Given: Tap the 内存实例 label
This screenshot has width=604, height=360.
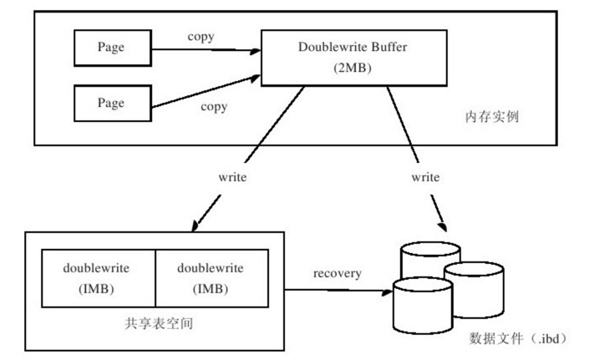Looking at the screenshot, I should [x=494, y=116].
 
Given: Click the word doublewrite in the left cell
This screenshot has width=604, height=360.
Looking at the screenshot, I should [x=99, y=268].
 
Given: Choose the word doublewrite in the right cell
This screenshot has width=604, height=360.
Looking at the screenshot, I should [x=211, y=268].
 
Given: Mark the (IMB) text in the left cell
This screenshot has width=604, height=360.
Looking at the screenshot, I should [x=99, y=289].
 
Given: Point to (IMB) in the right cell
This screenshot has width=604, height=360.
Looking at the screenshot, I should [x=211, y=289].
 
